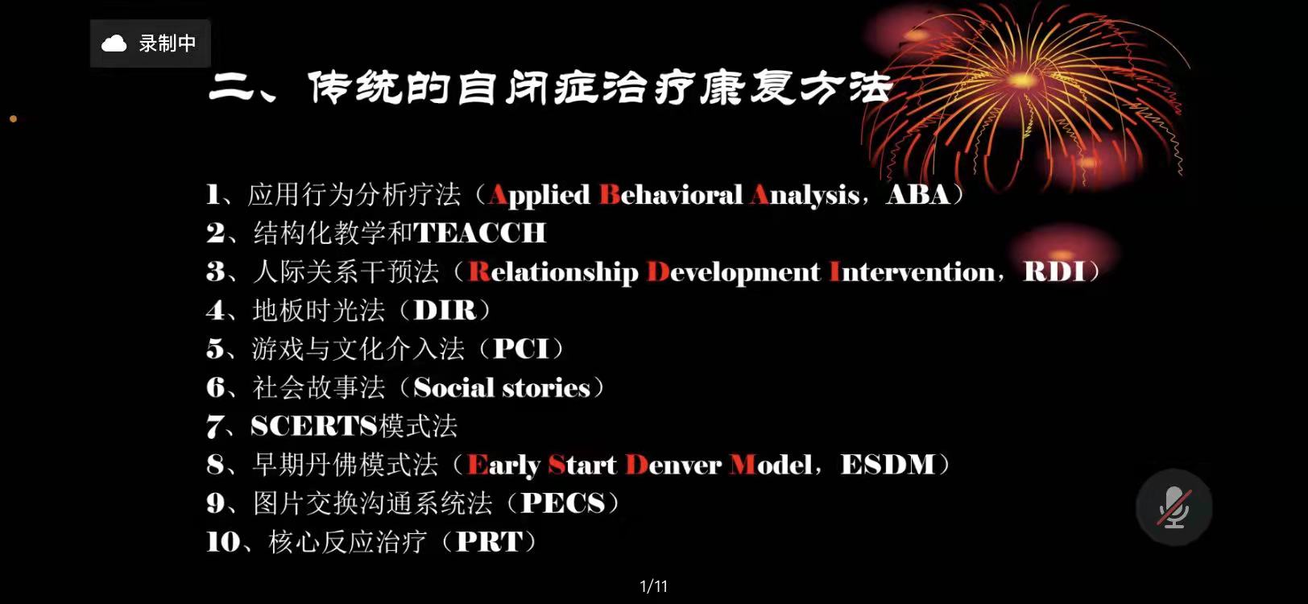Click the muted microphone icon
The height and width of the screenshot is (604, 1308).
point(1173,507)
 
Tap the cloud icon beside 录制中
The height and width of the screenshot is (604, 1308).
point(114,43)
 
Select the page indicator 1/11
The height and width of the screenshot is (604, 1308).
point(653,586)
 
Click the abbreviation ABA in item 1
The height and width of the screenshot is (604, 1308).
point(918,195)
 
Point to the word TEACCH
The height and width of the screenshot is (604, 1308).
point(480,233)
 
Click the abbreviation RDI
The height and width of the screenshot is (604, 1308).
point(1054,271)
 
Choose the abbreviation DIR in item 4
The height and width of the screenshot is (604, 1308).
point(445,310)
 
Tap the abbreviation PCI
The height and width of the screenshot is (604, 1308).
point(521,349)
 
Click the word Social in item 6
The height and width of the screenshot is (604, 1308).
point(453,387)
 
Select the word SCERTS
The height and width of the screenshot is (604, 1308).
point(314,426)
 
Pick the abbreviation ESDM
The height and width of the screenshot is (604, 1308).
point(888,465)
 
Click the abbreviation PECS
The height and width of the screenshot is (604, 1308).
point(563,503)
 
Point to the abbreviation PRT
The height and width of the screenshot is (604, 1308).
point(490,541)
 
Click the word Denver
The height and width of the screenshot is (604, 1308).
point(673,465)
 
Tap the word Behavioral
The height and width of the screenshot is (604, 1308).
point(671,195)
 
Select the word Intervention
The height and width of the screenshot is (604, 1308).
point(912,272)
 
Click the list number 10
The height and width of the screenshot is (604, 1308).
point(223,542)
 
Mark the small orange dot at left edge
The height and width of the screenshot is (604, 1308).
point(14,119)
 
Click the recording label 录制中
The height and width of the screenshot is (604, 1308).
point(167,43)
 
